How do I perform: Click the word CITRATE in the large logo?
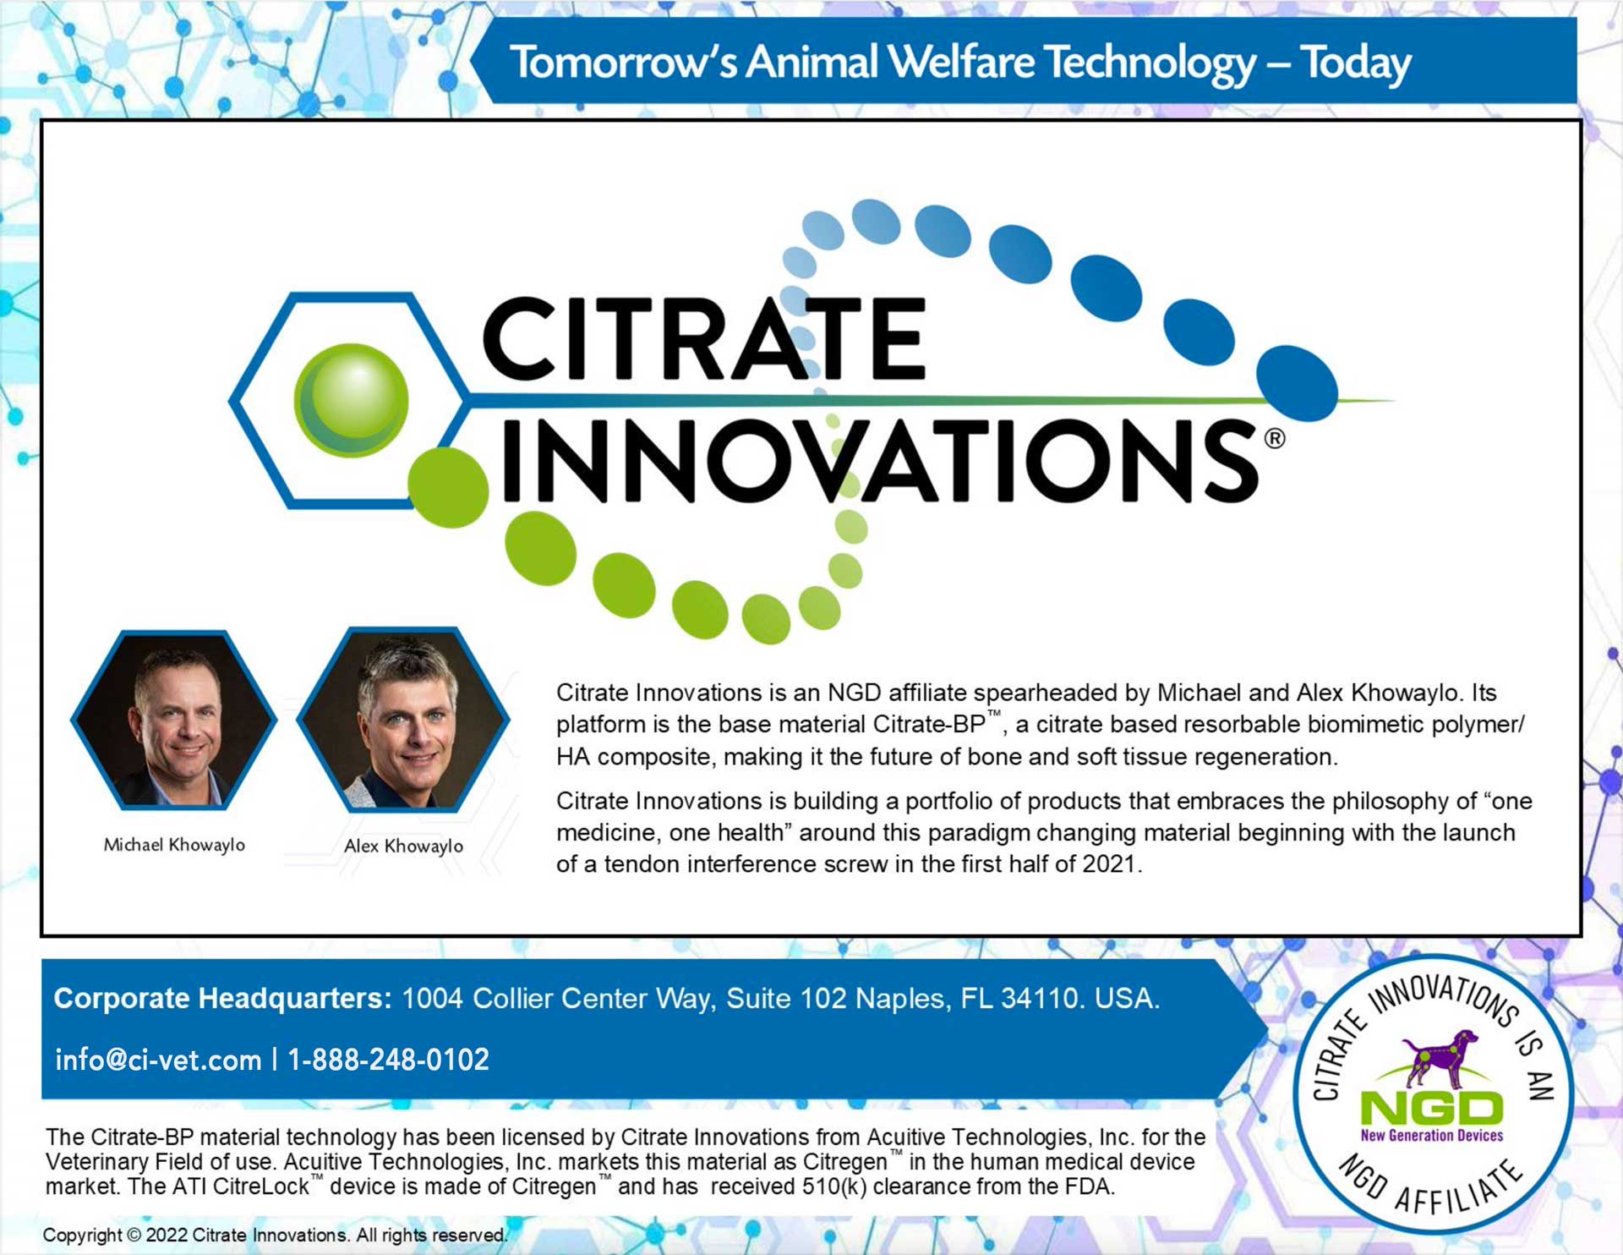click(x=704, y=338)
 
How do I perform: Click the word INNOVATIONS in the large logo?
click(x=879, y=461)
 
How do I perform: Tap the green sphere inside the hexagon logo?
click(x=351, y=400)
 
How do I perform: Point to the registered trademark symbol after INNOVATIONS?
click(x=1275, y=438)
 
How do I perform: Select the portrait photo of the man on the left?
click(x=174, y=720)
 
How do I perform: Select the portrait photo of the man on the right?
click(x=403, y=720)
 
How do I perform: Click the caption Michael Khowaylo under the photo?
click(x=174, y=845)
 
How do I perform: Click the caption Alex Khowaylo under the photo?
click(x=403, y=846)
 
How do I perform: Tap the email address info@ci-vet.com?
click(x=158, y=1060)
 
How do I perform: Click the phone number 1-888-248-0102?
click(x=389, y=1060)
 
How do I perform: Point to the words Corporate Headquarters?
click(x=222, y=999)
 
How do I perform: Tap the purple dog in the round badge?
click(x=1440, y=1057)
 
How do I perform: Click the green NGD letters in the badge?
click(x=1432, y=1108)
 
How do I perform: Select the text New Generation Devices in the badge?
click(x=1432, y=1136)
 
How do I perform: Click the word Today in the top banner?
click(x=1356, y=63)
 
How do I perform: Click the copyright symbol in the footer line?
click(x=134, y=1235)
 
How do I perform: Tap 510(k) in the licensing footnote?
click(x=834, y=1186)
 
